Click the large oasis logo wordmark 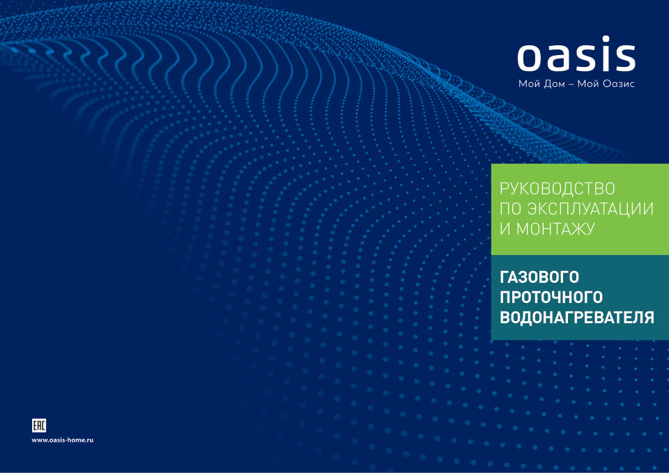(576, 56)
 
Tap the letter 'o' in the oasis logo (532, 58)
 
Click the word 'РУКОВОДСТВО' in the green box (557, 188)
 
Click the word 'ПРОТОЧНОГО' (551, 297)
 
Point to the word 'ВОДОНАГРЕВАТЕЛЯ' (577, 318)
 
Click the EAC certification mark (40, 426)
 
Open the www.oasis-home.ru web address (63, 441)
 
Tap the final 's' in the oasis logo (623, 58)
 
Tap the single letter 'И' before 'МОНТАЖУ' (505, 228)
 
